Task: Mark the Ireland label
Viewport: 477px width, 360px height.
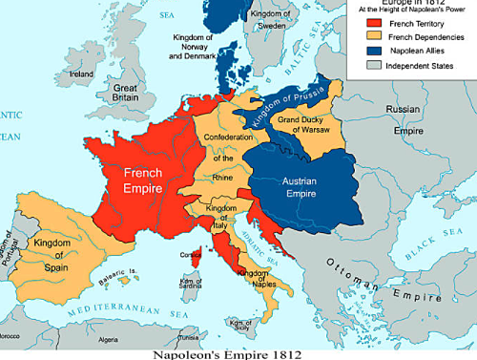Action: [x=81, y=73]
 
